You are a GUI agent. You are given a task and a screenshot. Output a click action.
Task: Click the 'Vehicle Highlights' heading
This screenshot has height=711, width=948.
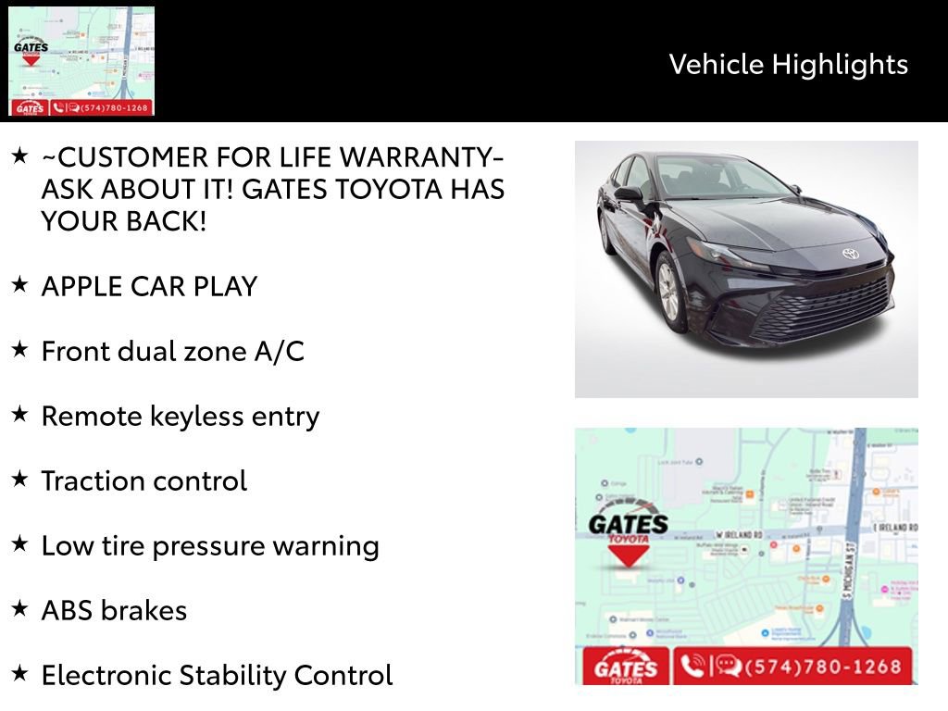click(788, 64)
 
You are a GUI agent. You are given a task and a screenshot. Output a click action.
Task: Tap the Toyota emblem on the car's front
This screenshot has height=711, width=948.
click(850, 254)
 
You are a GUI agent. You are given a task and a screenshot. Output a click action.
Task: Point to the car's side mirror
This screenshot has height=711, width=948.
click(629, 194)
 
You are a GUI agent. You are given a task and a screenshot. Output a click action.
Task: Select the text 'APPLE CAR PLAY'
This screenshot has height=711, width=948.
click(149, 286)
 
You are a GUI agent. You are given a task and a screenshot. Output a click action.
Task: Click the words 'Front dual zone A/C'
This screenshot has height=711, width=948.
click(172, 351)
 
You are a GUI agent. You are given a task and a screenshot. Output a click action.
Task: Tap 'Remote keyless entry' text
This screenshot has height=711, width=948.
click(180, 416)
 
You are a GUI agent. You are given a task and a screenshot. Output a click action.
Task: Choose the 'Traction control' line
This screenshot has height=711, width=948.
click(143, 480)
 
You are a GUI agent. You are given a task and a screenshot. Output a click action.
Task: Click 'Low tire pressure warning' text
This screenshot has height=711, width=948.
click(210, 545)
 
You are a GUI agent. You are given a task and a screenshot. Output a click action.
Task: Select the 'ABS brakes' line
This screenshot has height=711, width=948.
click(114, 610)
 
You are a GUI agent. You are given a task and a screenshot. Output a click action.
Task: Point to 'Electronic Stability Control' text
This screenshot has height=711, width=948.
click(217, 675)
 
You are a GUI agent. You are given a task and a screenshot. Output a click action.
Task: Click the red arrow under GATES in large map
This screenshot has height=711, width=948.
click(629, 555)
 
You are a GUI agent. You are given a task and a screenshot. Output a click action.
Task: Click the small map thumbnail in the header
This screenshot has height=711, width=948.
click(81, 61)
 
